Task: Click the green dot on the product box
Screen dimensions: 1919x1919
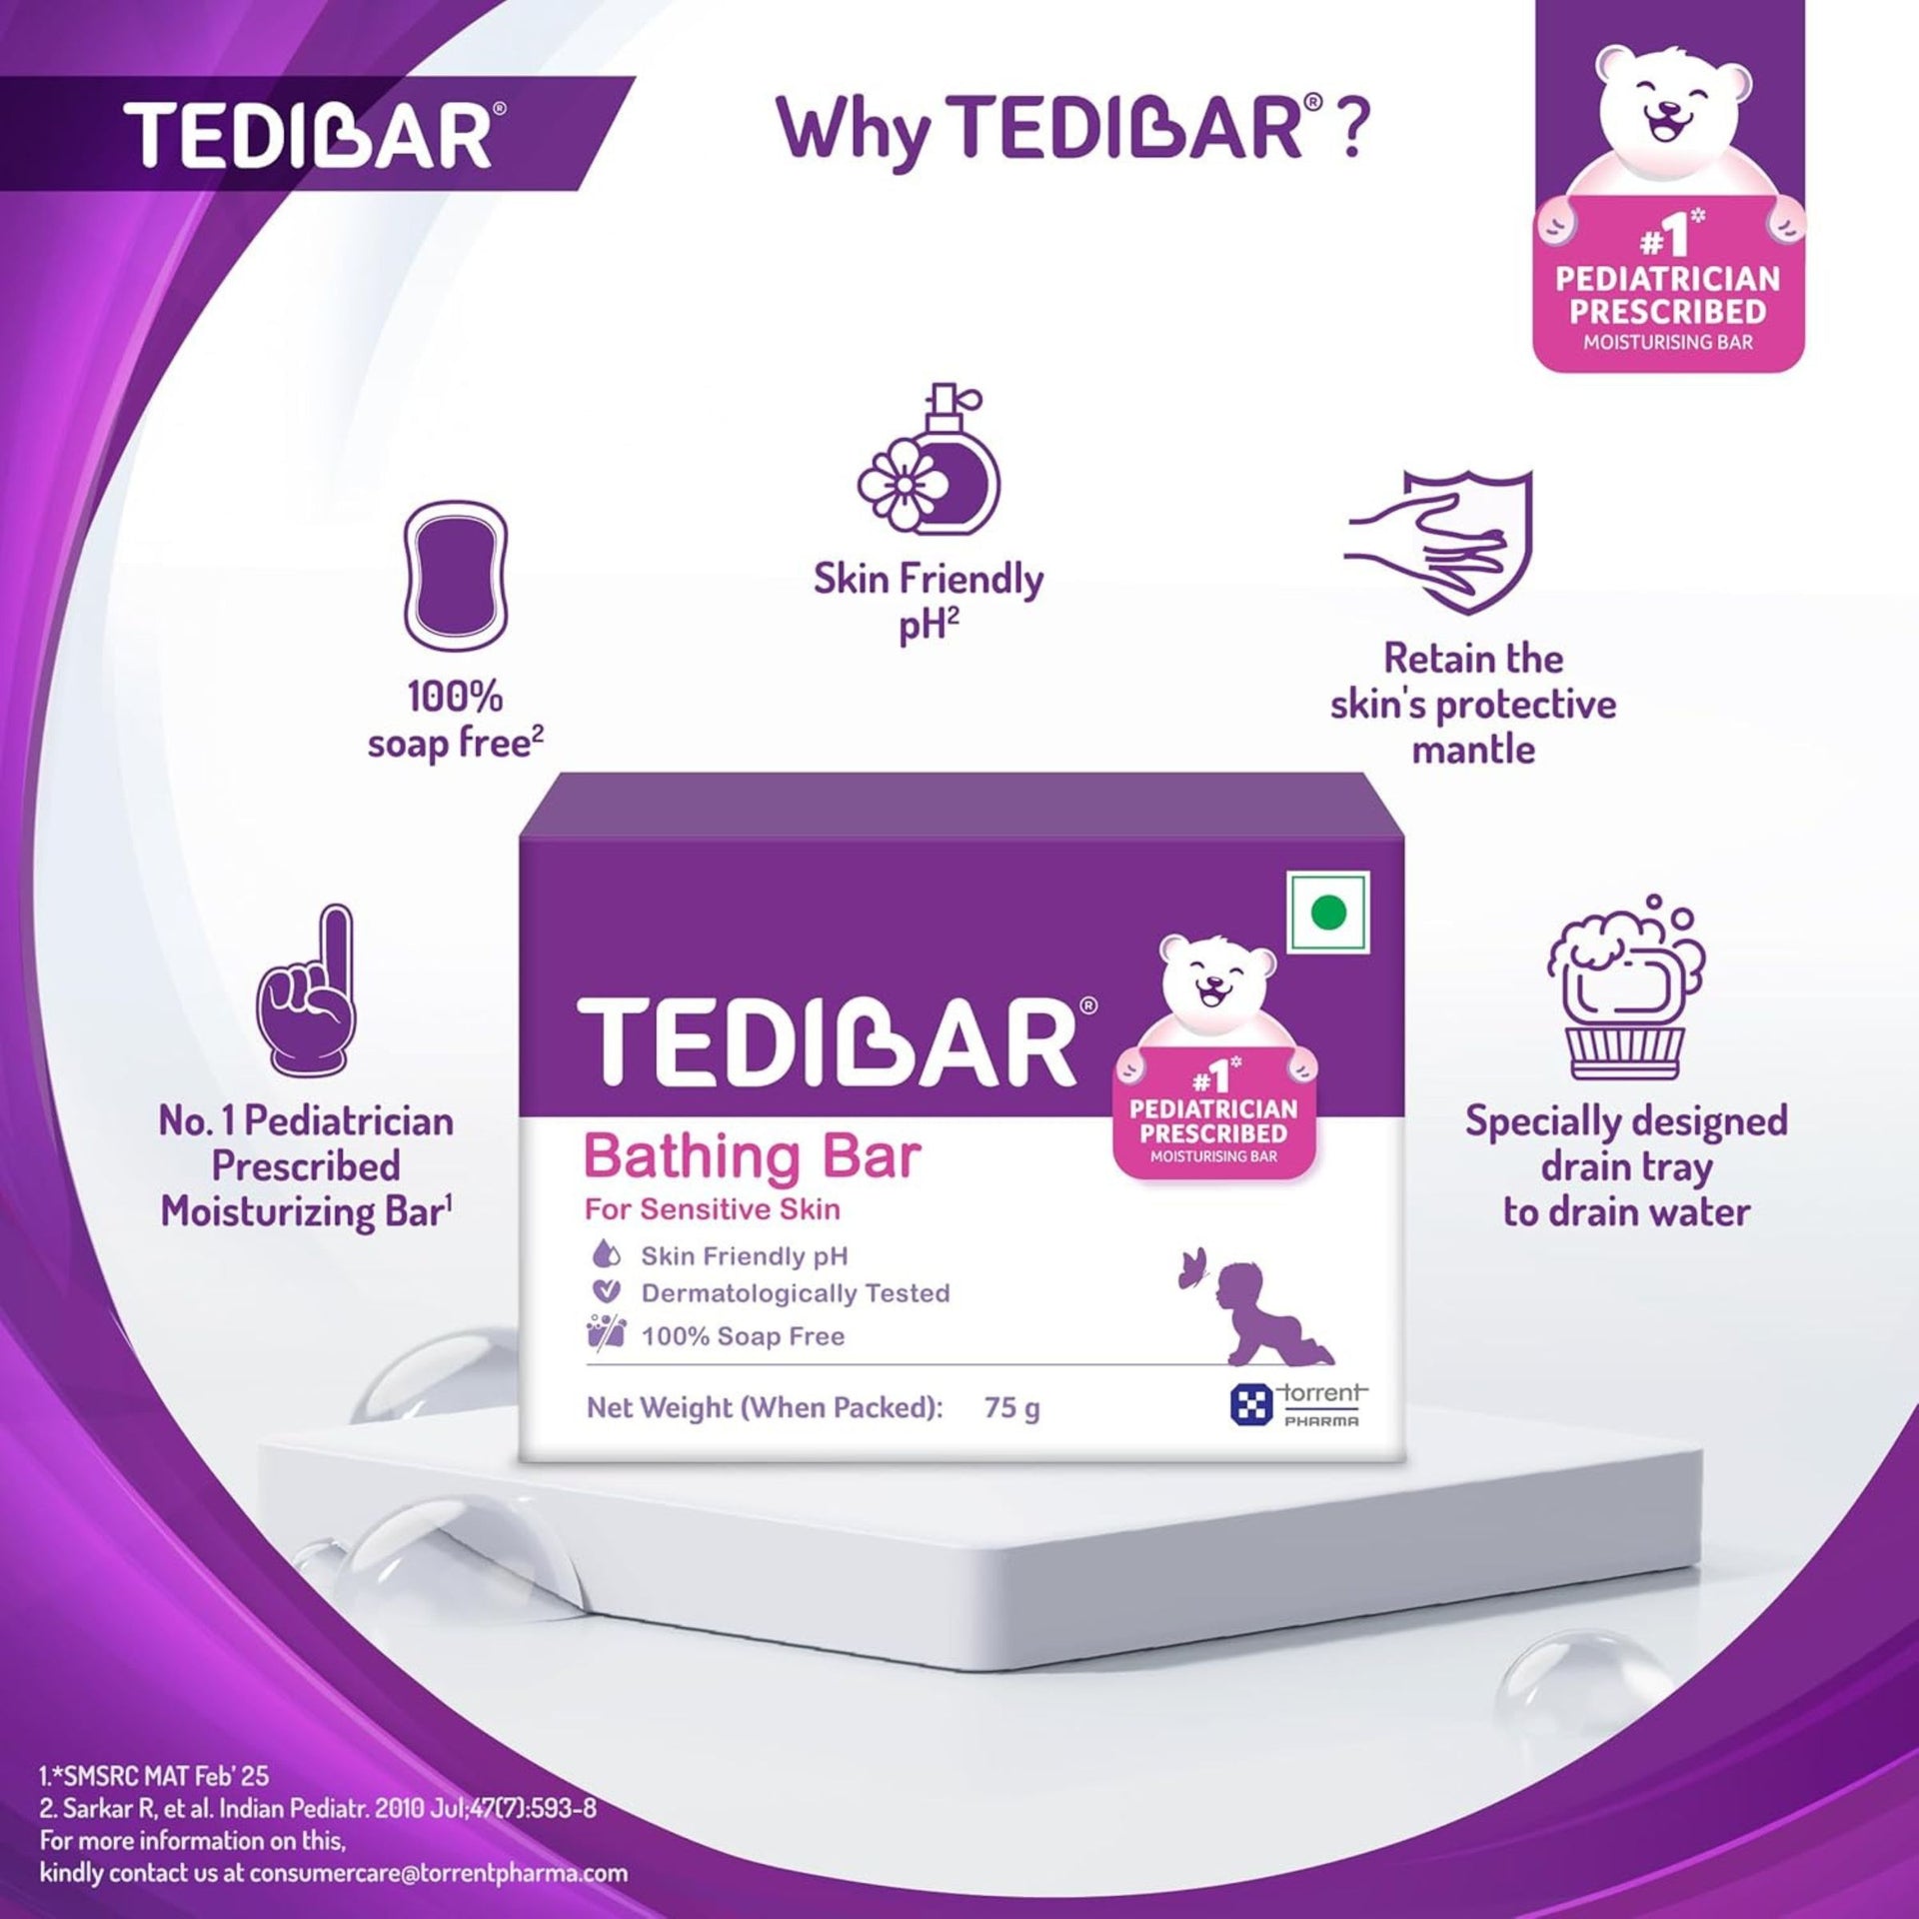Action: [1328, 912]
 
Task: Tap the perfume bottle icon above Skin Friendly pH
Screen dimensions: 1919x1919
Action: [928, 460]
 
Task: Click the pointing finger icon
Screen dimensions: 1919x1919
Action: [306, 988]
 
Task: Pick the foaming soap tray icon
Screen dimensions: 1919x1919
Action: [1623, 988]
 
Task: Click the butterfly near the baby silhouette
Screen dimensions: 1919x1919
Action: [1192, 1268]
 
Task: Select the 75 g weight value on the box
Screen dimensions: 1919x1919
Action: [1011, 1407]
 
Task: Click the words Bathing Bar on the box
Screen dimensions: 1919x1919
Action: [752, 1156]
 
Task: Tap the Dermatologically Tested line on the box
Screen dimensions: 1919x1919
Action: [795, 1293]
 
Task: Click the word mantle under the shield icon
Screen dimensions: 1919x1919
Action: [1472, 750]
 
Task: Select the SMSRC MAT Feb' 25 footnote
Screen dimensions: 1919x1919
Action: [155, 1776]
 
